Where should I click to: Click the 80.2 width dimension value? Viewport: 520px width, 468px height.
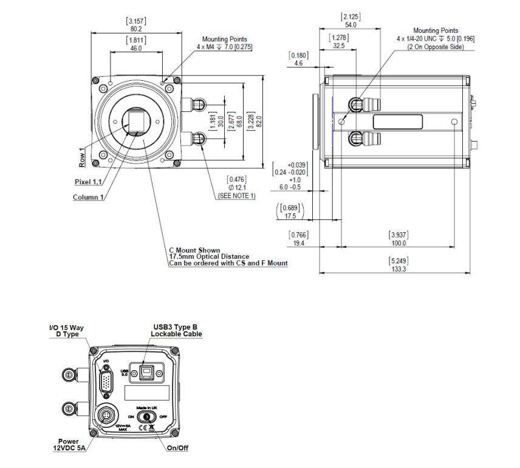click(135, 28)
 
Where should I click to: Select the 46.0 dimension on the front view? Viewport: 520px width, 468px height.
click(135, 48)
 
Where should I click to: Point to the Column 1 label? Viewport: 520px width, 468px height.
click(89, 198)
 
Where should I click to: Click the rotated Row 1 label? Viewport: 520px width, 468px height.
click(82, 157)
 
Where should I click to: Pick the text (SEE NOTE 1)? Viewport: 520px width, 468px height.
click(236, 196)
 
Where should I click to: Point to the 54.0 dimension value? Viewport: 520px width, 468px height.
click(351, 25)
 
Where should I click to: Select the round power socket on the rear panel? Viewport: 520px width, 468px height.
click(106, 416)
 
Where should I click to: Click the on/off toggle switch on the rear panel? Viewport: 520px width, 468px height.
click(146, 417)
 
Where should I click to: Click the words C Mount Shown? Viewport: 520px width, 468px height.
click(194, 250)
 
